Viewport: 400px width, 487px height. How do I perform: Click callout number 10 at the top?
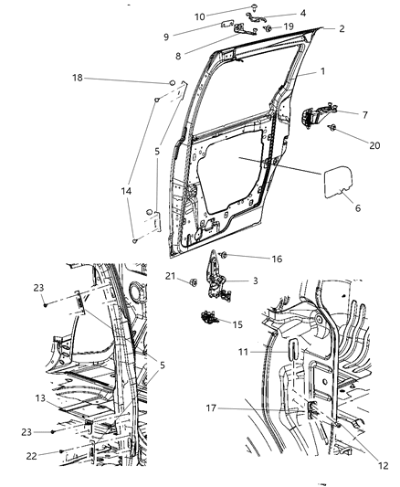tap(199, 16)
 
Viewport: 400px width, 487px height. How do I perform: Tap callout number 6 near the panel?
tap(357, 208)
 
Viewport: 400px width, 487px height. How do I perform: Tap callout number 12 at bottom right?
tap(382, 465)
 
